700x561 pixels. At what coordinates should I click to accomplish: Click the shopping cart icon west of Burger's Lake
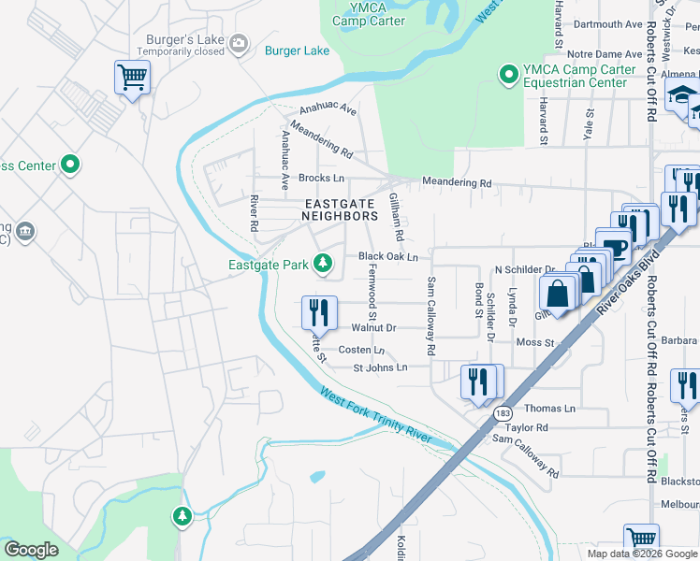[133, 77]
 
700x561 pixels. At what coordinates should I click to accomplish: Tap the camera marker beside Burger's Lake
[239, 41]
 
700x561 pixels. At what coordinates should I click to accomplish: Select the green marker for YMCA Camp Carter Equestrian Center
[509, 73]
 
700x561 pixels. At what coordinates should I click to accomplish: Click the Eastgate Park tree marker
[323, 265]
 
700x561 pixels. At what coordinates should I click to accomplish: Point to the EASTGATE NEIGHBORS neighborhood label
[340, 209]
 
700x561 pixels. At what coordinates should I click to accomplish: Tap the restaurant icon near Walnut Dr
[319, 311]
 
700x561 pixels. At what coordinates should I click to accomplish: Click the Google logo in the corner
[31, 550]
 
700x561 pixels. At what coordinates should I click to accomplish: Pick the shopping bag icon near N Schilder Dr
[558, 292]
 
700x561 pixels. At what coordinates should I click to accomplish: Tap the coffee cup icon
[615, 248]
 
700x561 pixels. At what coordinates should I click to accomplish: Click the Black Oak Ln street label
[387, 256]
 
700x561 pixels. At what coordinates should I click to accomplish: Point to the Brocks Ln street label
[321, 178]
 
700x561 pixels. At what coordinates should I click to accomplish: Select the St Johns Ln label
[380, 367]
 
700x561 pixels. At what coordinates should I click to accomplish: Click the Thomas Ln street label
[549, 409]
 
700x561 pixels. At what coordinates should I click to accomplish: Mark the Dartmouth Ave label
[608, 24]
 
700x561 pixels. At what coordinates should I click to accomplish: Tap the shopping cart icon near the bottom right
[641, 539]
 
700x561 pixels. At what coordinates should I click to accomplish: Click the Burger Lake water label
[297, 50]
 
